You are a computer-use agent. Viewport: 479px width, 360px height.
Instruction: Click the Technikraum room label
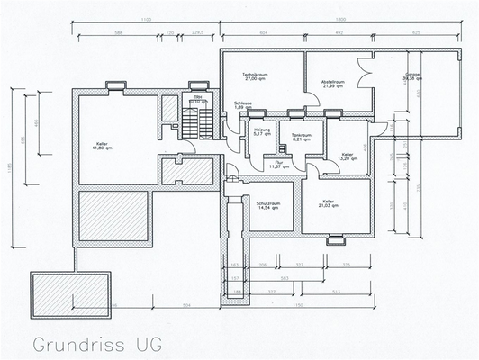click(257, 76)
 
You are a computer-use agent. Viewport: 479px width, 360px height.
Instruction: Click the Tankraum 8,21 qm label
click(301, 138)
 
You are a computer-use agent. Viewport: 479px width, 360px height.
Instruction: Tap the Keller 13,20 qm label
click(348, 157)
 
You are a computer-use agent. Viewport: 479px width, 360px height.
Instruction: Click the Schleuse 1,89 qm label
click(242, 105)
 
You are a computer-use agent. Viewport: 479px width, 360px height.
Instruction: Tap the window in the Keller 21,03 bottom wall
click(335, 238)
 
